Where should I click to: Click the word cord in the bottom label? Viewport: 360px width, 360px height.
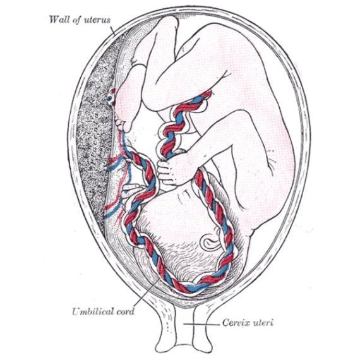125,311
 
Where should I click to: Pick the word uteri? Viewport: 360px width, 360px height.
263,323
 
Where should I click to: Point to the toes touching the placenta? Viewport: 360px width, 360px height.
120,123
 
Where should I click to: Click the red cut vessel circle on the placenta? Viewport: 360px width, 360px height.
112,91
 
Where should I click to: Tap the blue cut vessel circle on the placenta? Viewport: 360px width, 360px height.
110,99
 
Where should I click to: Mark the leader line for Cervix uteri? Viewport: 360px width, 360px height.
201,324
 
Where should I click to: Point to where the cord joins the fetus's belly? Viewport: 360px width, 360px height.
207,94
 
